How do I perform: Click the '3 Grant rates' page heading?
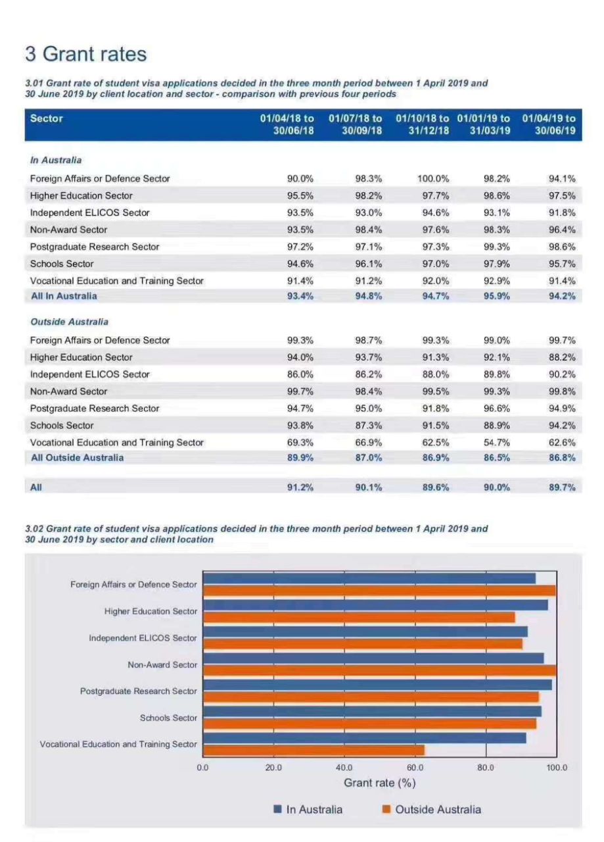click(x=86, y=53)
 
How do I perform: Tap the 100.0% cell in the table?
click(x=433, y=178)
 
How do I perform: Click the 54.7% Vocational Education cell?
click(x=497, y=442)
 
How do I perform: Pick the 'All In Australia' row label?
click(x=64, y=296)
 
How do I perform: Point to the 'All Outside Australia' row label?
click(x=77, y=457)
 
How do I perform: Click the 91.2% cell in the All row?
click(x=300, y=487)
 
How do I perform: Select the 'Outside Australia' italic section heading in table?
click(x=69, y=322)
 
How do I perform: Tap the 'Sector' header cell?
click(x=47, y=118)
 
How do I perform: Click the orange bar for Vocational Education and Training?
click(x=314, y=750)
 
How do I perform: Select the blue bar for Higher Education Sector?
click(x=375, y=605)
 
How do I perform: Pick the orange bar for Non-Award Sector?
click(x=379, y=670)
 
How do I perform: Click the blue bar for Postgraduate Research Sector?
click(x=377, y=685)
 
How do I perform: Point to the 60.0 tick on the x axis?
click(x=415, y=768)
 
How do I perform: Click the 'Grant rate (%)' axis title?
click(x=379, y=783)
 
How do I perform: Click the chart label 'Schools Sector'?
click(x=168, y=718)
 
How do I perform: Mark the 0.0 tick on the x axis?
click(x=202, y=768)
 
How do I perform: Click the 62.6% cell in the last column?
click(x=562, y=442)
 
